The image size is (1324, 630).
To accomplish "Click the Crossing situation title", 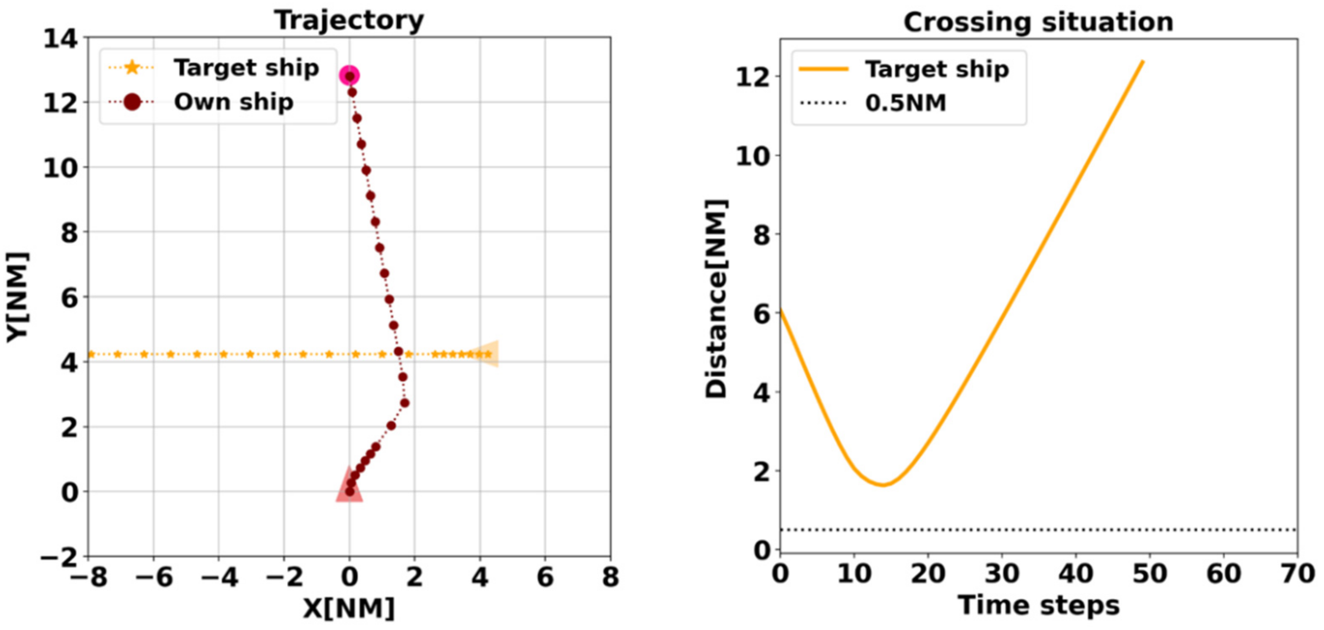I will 1038,23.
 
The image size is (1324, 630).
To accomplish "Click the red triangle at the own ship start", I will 349,486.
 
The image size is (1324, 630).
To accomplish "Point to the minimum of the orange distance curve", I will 883,485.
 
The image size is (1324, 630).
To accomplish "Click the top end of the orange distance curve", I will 1142,61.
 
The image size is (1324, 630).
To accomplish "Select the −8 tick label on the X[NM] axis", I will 88,578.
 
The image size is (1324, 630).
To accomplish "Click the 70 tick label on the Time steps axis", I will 1297,573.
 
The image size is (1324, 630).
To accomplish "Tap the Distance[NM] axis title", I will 716,298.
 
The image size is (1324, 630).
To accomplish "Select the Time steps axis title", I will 1038,605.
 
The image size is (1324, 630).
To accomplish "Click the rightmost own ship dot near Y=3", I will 405,403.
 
